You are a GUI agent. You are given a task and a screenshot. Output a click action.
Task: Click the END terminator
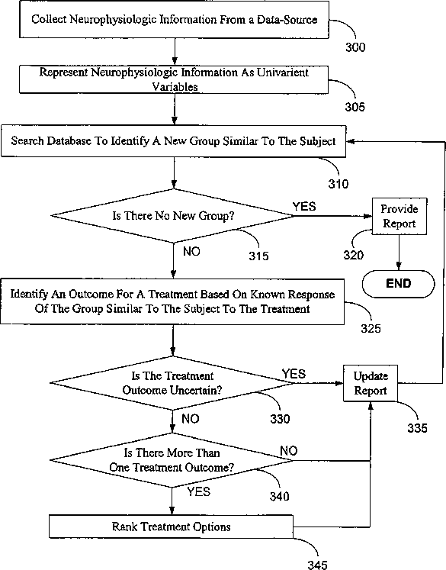(x=399, y=284)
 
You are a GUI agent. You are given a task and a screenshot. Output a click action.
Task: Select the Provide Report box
(x=399, y=216)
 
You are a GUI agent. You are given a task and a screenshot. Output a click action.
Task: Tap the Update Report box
(x=371, y=383)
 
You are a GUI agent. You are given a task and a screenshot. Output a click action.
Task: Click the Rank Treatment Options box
(x=171, y=527)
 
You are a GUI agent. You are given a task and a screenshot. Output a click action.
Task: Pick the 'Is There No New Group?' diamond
(x=173, y=216)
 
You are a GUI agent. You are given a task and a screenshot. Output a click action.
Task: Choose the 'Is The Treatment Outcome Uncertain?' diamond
(x=172, y=383)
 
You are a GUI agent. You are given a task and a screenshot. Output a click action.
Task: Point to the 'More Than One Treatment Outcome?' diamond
(x=172, y=460)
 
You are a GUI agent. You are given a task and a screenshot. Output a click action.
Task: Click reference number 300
(x=355, y=47)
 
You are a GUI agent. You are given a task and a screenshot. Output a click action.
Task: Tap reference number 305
(x=355, y=107)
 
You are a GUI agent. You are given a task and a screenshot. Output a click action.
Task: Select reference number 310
(x=339, y=184)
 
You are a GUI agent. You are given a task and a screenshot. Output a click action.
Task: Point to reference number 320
(x=354, y=255)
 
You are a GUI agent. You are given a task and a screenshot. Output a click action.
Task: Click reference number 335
(x=417, y=428)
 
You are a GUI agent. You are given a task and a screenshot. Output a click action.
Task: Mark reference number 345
(x=318, y=565)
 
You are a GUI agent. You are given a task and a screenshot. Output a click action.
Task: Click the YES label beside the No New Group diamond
(x=304, y=207)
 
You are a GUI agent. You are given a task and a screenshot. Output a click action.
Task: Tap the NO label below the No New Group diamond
(x=191, y=251)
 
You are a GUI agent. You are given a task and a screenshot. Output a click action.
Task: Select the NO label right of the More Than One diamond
(x=289, y=451)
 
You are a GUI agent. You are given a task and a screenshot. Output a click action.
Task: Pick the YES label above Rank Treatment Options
(x=199, y=492)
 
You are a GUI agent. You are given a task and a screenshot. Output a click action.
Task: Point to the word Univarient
(x=283, y=72)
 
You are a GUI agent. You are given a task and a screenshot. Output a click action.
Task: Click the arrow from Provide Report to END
(x=399, y=253)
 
